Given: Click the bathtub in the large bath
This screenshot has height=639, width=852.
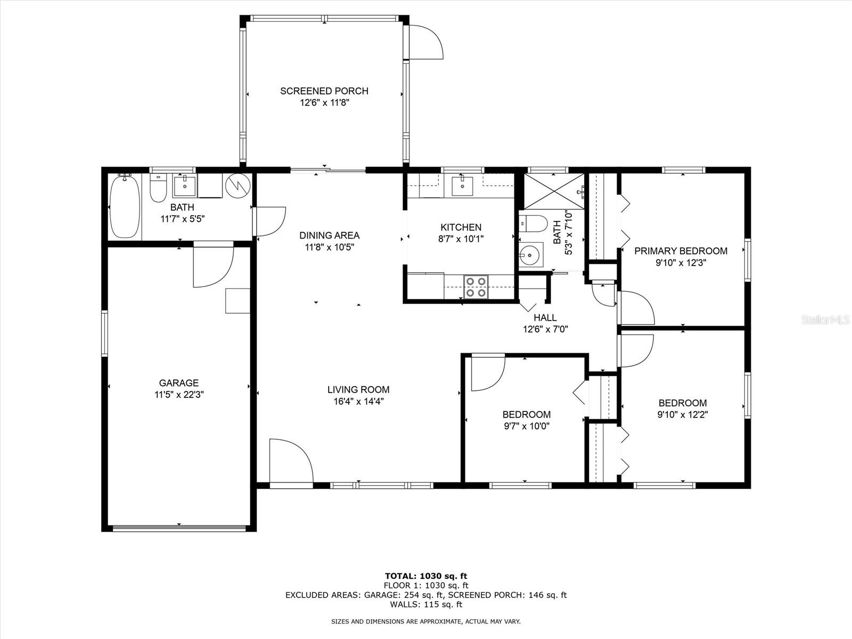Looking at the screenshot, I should tap(125, 208).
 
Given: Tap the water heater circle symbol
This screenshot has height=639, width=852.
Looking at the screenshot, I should tap(237, 184).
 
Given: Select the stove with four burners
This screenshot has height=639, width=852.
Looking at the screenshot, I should tap(476, 286).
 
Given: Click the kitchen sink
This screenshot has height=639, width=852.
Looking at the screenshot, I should tap(461, 185).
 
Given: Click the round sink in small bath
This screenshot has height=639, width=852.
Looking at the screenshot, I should tap(530, 255).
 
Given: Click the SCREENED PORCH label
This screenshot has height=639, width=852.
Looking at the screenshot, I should tap(324, 91).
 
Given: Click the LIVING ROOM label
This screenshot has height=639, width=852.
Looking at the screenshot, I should tap(358, 390).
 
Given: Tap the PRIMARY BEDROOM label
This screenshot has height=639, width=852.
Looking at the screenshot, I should tap(681, 251).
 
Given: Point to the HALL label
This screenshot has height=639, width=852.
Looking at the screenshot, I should tap(545, 318).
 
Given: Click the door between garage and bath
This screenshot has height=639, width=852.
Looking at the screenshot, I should tap(213, 265).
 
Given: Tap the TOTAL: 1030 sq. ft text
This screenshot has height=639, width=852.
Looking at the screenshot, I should tap(425, 576).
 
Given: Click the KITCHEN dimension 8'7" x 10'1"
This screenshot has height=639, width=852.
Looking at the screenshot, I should tap(461, 239).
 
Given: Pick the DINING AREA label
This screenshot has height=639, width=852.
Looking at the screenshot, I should tap(329, 235).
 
